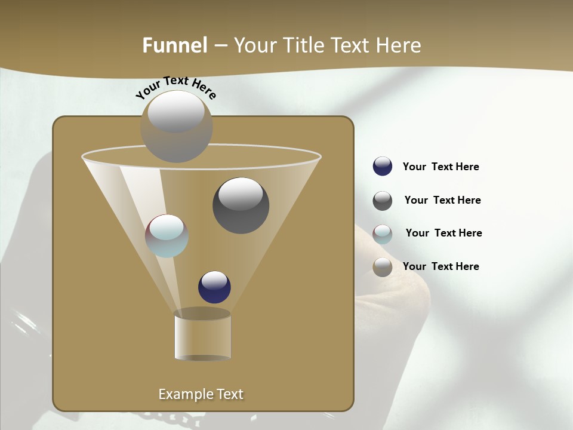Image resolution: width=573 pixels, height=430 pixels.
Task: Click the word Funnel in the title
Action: pos(174,45)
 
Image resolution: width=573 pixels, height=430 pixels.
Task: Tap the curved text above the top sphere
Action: pos(176,87)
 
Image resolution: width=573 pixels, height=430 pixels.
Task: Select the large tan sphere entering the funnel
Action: pos(177,127)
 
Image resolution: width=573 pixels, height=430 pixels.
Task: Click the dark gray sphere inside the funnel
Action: pos(241,205)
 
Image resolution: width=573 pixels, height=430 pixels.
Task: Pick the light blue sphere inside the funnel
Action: pos(167,236)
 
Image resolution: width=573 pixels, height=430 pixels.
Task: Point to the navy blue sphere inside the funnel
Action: pos(214,287)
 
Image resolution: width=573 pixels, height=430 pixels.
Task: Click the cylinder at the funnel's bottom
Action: pos(202,336)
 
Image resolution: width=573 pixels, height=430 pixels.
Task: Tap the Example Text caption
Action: pos(201,394)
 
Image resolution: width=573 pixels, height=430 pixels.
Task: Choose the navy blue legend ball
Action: pos(383,167)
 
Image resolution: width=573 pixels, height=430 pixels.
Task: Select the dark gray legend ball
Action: pos(383,201)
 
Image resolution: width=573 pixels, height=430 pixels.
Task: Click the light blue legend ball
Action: pos(383,234)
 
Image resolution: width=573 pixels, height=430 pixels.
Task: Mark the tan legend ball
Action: pos(383,267)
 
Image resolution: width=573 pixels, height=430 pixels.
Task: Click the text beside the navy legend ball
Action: pos(440,167)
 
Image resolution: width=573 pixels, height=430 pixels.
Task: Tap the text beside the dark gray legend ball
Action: pos(442,200)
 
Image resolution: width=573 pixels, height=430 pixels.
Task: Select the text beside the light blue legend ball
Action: pos(443,233)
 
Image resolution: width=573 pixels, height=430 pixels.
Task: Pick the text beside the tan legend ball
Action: pos(440,266)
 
